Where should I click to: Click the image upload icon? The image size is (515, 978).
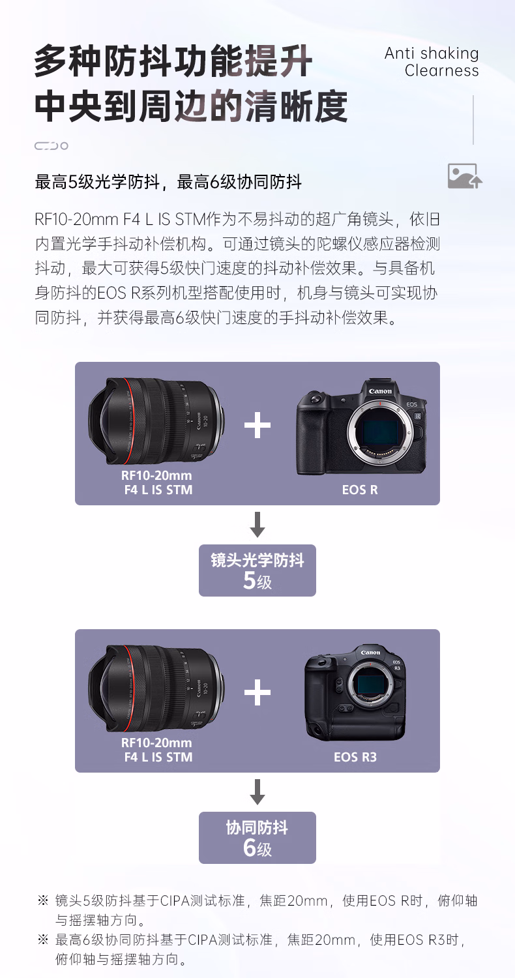tap(465, 176)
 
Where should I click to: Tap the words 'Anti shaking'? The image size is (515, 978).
tap(432, 53)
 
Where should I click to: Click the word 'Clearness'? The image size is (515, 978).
tap(442, 70)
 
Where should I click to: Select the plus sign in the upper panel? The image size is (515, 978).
tap(257, 425)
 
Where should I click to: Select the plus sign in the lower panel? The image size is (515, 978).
tap(257, 692)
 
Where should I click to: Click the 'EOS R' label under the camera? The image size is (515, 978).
tap(360, 490)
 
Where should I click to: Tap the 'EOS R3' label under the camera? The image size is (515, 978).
tap(355, 756)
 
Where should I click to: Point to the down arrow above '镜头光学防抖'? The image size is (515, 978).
tap(257, 524)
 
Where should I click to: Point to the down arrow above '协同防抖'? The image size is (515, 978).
tap(257, 792)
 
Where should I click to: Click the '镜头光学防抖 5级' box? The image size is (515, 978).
tap(257, 570)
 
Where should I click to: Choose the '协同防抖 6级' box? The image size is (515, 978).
tap(257, 837)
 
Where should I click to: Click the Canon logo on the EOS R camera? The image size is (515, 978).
tap(380, 391)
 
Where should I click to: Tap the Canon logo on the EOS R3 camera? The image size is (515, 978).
tap(370, 653)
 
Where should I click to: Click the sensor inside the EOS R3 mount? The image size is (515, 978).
tap(370, 685)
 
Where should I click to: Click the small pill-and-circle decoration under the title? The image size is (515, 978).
tap(51, 146)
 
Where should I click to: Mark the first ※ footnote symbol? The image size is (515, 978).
tap(43, 900)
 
